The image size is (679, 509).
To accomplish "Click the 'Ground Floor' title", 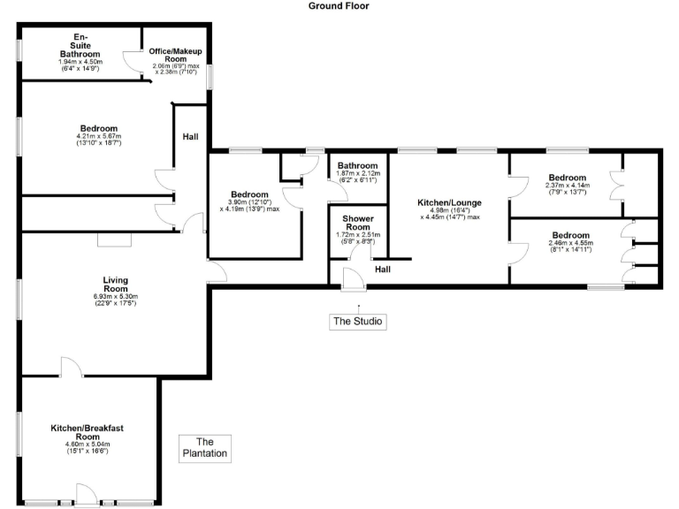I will tap(339, 6).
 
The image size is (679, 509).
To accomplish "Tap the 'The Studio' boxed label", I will tap(358, 322).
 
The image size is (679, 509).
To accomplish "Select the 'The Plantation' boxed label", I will tap(205, 448).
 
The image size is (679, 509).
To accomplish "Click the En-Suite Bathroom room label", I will tap(80, 44).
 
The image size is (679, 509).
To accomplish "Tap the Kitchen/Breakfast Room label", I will tap(87, 432).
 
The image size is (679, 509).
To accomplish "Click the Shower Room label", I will tap(358, 222).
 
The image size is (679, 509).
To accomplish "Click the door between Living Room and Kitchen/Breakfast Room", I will tap(71, 367).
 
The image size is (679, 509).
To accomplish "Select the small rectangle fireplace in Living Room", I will tap(114, 239).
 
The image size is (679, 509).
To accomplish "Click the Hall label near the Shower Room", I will tap(383, 270).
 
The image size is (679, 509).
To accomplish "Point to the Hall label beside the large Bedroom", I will tap(190, 137).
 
